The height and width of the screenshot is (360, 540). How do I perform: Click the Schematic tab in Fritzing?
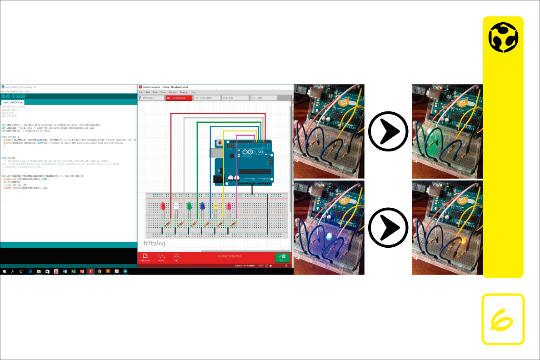coord(207,98)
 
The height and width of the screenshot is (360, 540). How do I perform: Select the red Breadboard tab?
coord(179,98)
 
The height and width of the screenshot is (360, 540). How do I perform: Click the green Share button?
coord(282,257)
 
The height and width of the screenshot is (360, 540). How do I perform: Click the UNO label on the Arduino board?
coord(258,151)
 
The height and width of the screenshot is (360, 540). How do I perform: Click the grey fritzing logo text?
coord(155,244)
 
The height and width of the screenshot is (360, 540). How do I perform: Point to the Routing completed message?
coord(229,256)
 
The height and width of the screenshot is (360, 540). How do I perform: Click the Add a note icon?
coord(145,257)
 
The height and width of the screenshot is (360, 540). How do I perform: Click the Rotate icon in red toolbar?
coord(160,257)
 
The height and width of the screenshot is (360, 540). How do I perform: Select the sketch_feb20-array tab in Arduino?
coord(13,102)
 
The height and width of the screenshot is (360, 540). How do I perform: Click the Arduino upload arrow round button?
coord(8,96)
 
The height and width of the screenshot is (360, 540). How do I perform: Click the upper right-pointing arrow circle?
coord(387,132)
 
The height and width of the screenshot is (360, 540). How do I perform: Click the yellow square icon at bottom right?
coord(503,319)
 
